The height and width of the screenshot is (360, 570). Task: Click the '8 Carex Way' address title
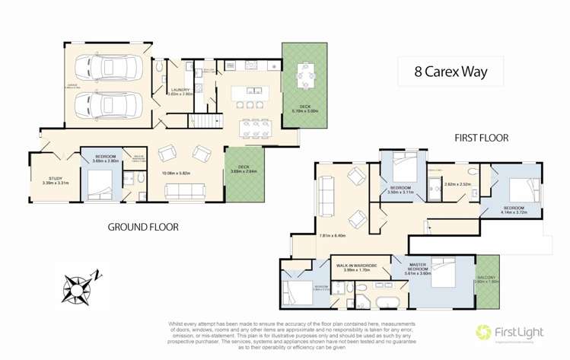(x=450, y=73)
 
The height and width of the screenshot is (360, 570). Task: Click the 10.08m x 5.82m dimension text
(x=186, y=173)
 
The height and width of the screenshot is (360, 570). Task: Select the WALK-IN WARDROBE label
(x=361, y=266)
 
